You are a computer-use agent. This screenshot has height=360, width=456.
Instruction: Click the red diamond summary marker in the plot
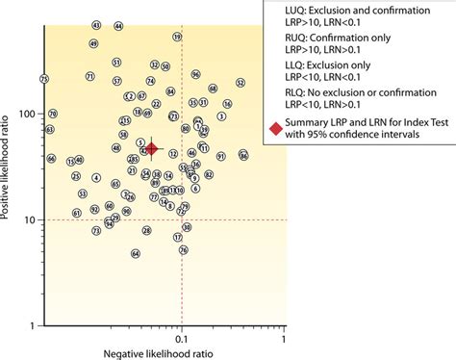[151, 149]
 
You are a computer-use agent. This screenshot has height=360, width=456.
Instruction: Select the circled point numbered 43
[95, 25]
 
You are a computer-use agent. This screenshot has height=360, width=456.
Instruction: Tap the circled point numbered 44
[118, 26]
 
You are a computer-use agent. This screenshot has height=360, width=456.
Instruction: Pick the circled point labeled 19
[178, 37]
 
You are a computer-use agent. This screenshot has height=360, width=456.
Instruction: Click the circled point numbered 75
[43, 78]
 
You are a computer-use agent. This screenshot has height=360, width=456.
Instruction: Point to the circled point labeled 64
[136, 253]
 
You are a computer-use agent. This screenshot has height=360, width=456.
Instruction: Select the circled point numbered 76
[183, 250]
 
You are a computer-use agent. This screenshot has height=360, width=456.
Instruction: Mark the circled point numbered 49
[93, 44]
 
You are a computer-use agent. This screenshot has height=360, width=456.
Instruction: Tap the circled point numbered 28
[145, 231]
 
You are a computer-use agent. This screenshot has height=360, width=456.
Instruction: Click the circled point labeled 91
[221, 156]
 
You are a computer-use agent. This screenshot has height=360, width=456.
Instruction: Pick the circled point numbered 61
[77, 213]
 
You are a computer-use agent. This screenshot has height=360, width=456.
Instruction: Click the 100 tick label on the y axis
[27, 114]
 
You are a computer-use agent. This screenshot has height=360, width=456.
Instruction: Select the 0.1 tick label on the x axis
[181, 338]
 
